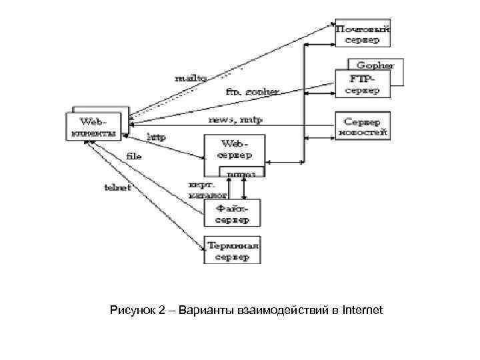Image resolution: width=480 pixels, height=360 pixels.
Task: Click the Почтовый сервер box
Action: point(363,34)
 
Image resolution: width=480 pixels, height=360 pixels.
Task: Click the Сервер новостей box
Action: point(362,127)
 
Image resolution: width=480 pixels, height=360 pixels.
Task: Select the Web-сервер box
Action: point(234,149)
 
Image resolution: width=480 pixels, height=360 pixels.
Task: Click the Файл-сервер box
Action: point(233,214)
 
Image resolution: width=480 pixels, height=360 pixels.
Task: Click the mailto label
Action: point(191,77)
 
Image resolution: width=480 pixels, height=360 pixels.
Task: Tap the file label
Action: point(134,155)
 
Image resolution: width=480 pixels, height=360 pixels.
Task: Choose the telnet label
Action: point(117,187)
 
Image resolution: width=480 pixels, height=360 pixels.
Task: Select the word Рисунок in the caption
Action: point(132,310)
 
